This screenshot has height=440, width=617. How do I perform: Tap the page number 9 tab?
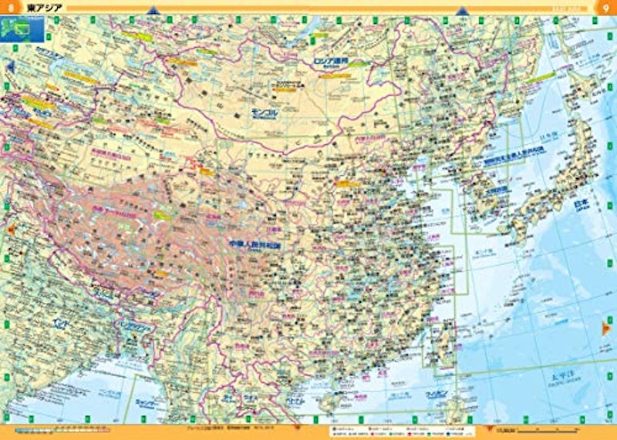606,8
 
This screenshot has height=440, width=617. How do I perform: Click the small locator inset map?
24,31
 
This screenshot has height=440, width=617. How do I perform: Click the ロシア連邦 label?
330,59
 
